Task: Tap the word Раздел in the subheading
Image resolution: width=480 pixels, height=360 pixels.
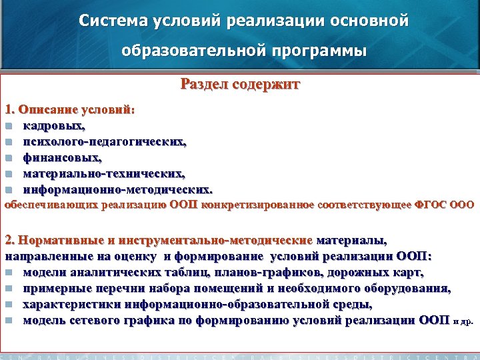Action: (x=201, y=85)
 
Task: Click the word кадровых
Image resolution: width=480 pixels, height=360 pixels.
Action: (x=54, y=125)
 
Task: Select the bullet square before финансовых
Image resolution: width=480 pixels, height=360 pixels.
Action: (x=8, y=158)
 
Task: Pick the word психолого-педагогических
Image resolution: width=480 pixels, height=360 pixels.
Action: (x=105, y=141)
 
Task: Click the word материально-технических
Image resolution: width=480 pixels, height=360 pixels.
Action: (x=104, y=173)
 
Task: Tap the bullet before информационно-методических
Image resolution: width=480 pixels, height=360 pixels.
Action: (x=8, y=190)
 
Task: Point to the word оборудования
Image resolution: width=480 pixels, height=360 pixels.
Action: (x=408, y=288)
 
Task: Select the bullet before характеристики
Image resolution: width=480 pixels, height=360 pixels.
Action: (x=8, y=305)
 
